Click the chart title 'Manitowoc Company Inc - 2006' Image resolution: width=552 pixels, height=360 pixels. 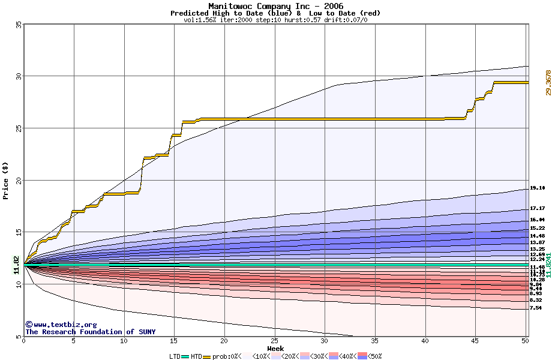click(275, 6)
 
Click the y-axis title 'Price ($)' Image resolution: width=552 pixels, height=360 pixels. click(6, 180)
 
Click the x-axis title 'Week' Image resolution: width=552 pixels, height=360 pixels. click(275, 349)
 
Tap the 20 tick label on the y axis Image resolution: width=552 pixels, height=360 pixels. click(19, 180)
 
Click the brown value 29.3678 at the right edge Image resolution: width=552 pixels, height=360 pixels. click(547, 83)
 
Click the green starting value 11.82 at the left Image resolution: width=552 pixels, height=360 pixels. click(16, 265)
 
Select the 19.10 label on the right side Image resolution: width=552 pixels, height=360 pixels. click(537, 188)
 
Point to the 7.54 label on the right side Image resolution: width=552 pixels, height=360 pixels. click(536, 308)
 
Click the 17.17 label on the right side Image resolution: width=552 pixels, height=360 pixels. click(537, 208)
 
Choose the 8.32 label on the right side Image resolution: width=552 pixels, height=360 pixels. click(536, 300)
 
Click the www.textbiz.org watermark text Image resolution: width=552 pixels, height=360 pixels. click(61, 325)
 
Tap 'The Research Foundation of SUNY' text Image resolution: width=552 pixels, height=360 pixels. click(90, 332)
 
